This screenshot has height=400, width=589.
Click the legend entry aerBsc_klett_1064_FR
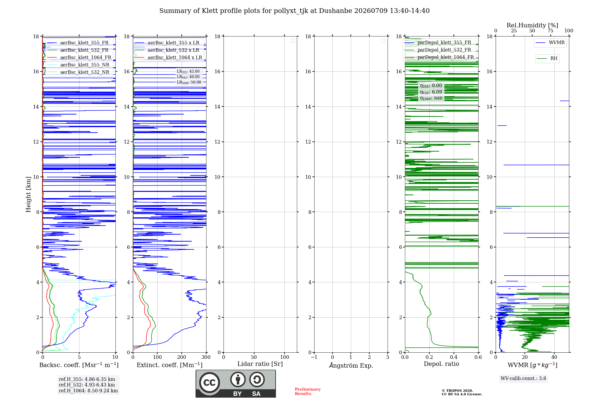pos(79,57)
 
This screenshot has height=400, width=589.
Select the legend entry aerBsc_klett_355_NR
pos(78,65)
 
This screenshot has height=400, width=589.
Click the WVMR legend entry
pos(550,43)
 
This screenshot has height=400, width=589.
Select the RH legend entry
pos(547,59)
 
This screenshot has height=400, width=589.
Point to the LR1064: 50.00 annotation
pos(189,82)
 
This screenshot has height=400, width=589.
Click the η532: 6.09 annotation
pos(431,92)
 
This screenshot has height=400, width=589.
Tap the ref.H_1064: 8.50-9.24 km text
pos(88,391)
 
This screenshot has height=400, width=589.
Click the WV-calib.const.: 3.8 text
pos(523,378)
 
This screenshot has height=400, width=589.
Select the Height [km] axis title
pos(28,194)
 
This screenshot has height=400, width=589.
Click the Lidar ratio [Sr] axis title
pos(260,364)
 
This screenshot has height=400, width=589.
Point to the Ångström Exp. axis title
pos(351,365)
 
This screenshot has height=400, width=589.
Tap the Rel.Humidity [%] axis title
pos(532,25)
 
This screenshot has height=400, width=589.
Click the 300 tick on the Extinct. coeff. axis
pos(206,357)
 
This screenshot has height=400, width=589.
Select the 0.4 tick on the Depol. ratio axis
pos(454,357)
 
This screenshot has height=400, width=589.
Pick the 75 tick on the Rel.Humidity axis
pos(550,31)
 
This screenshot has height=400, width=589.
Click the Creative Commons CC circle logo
pos(209,383)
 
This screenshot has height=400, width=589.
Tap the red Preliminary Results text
pos(308,391)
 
